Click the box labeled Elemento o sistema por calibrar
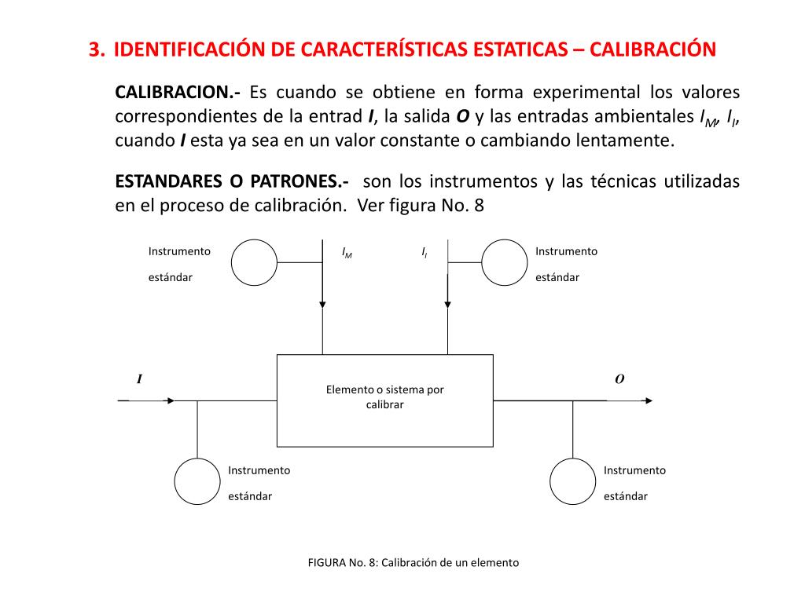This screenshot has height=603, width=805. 384,400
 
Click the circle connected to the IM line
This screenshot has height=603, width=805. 254,263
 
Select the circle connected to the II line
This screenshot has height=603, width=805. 504,263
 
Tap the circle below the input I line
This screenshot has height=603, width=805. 197,481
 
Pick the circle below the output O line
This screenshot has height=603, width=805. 572,481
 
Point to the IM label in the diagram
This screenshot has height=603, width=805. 347,253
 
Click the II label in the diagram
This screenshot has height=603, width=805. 425,253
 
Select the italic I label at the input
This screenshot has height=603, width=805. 139,380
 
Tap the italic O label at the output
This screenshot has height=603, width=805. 619,380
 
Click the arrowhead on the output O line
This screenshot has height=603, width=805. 647,400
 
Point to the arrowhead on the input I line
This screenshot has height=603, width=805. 169,400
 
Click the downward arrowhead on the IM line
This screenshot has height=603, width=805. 322,304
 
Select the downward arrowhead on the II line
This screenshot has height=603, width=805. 447,304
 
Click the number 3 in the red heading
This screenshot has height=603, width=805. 95,50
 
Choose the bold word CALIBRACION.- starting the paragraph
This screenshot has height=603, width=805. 178,93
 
